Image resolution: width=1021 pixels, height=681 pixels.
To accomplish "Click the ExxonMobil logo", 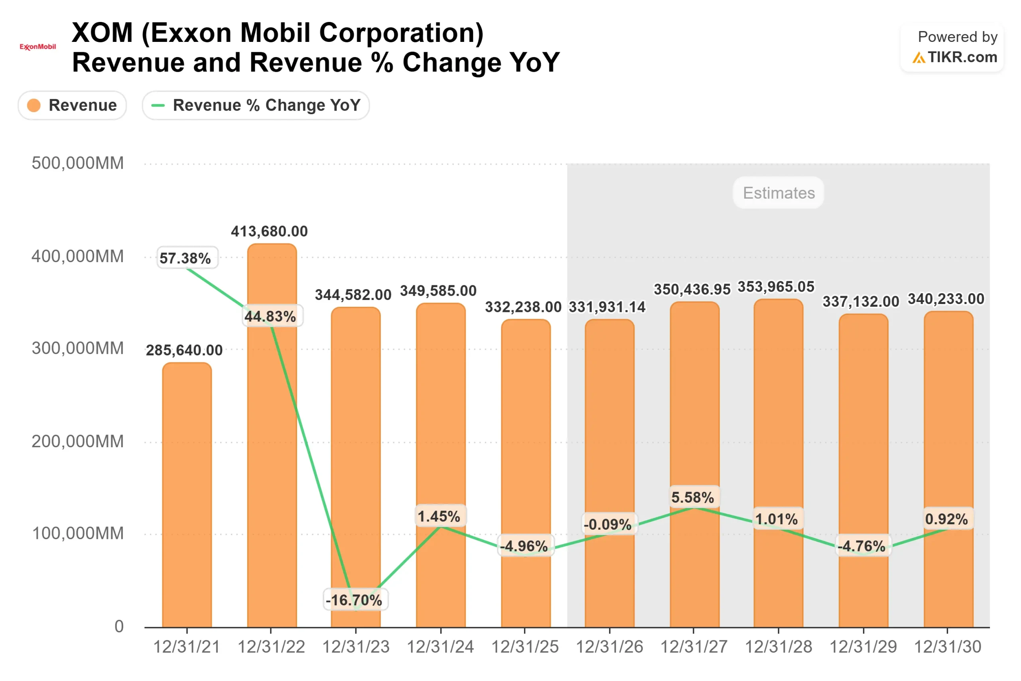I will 38,46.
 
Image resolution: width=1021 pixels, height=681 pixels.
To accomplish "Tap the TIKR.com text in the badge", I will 962,57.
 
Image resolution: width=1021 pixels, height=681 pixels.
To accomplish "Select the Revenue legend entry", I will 72,105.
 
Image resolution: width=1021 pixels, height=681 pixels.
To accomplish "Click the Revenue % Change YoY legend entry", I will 256,105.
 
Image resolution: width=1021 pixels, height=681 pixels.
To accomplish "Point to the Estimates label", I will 779,193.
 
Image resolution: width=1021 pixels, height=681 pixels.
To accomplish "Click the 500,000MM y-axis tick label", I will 78,163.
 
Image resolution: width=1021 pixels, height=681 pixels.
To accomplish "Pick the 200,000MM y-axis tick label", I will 78,441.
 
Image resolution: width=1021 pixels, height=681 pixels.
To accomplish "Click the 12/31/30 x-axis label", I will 947,647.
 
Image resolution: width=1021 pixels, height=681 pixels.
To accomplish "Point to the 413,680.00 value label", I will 269,231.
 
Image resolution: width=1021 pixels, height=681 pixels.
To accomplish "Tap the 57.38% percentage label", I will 185,259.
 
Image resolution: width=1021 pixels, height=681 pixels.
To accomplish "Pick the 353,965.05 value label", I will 776,287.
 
